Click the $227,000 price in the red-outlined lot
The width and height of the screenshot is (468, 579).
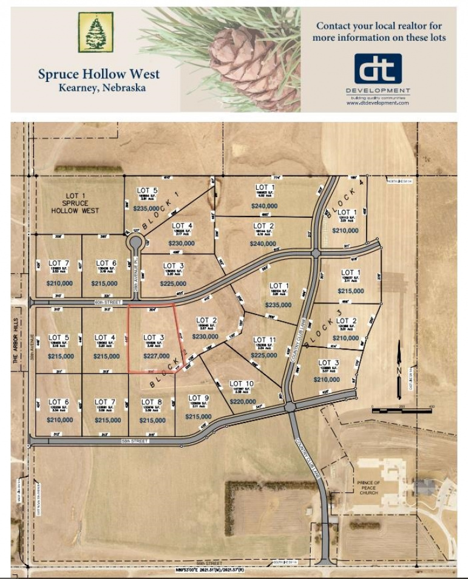(156, 356)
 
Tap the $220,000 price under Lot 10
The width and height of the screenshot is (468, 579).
(243, 401)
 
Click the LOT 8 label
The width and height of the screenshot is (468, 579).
(152, 402)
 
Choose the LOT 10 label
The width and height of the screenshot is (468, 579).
(242, 384)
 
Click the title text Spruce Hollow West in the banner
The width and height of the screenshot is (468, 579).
(99, 74)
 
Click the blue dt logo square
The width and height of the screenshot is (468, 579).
(378, 69)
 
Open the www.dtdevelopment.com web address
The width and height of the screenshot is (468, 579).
(378, 103)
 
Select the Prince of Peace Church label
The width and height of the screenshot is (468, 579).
(368, 487)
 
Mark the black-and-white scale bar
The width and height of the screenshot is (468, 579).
(393, 411)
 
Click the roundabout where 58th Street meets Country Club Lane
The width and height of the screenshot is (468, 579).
(290, 407)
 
